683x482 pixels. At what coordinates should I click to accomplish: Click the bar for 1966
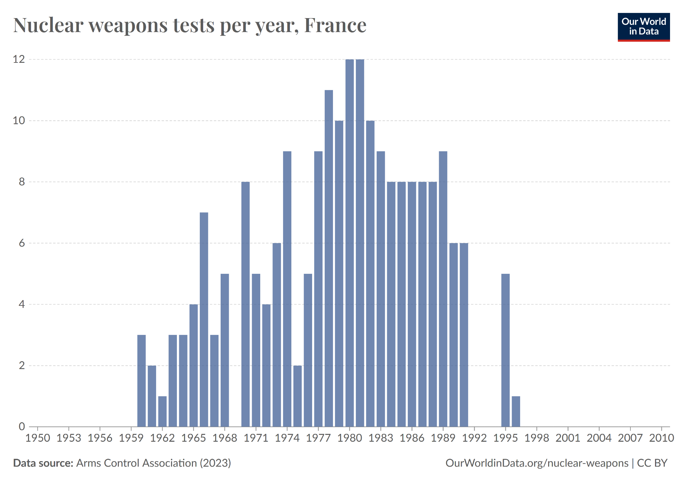coord(204,319)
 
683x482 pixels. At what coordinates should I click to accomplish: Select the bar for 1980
coord(349,243)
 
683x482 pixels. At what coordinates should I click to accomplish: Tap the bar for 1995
coord(505,350)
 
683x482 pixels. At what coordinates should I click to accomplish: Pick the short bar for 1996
coord(516,411)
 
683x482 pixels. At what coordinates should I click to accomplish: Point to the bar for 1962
coord(162,411)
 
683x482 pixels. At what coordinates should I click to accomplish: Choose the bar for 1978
coord(329,258)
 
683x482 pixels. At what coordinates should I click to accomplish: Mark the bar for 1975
coord(297,396)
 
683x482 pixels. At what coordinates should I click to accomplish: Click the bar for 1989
coord(443,289)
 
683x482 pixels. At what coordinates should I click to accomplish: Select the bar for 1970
coord(245,304)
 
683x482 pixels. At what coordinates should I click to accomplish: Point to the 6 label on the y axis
coord(22,243)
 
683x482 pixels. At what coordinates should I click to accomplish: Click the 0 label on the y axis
coord(22,426)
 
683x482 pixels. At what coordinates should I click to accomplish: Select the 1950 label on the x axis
coord(38,438)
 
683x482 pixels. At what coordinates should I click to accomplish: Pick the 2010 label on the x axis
coord(661,438)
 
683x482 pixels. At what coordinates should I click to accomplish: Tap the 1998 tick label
coord(536,438)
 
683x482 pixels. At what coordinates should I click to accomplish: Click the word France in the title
coord(335,25)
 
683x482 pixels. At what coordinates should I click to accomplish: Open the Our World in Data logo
coord(644,27)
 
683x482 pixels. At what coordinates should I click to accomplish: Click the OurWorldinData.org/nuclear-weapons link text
coord(536,463)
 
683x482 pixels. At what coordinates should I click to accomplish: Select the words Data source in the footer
coord(43,463)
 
